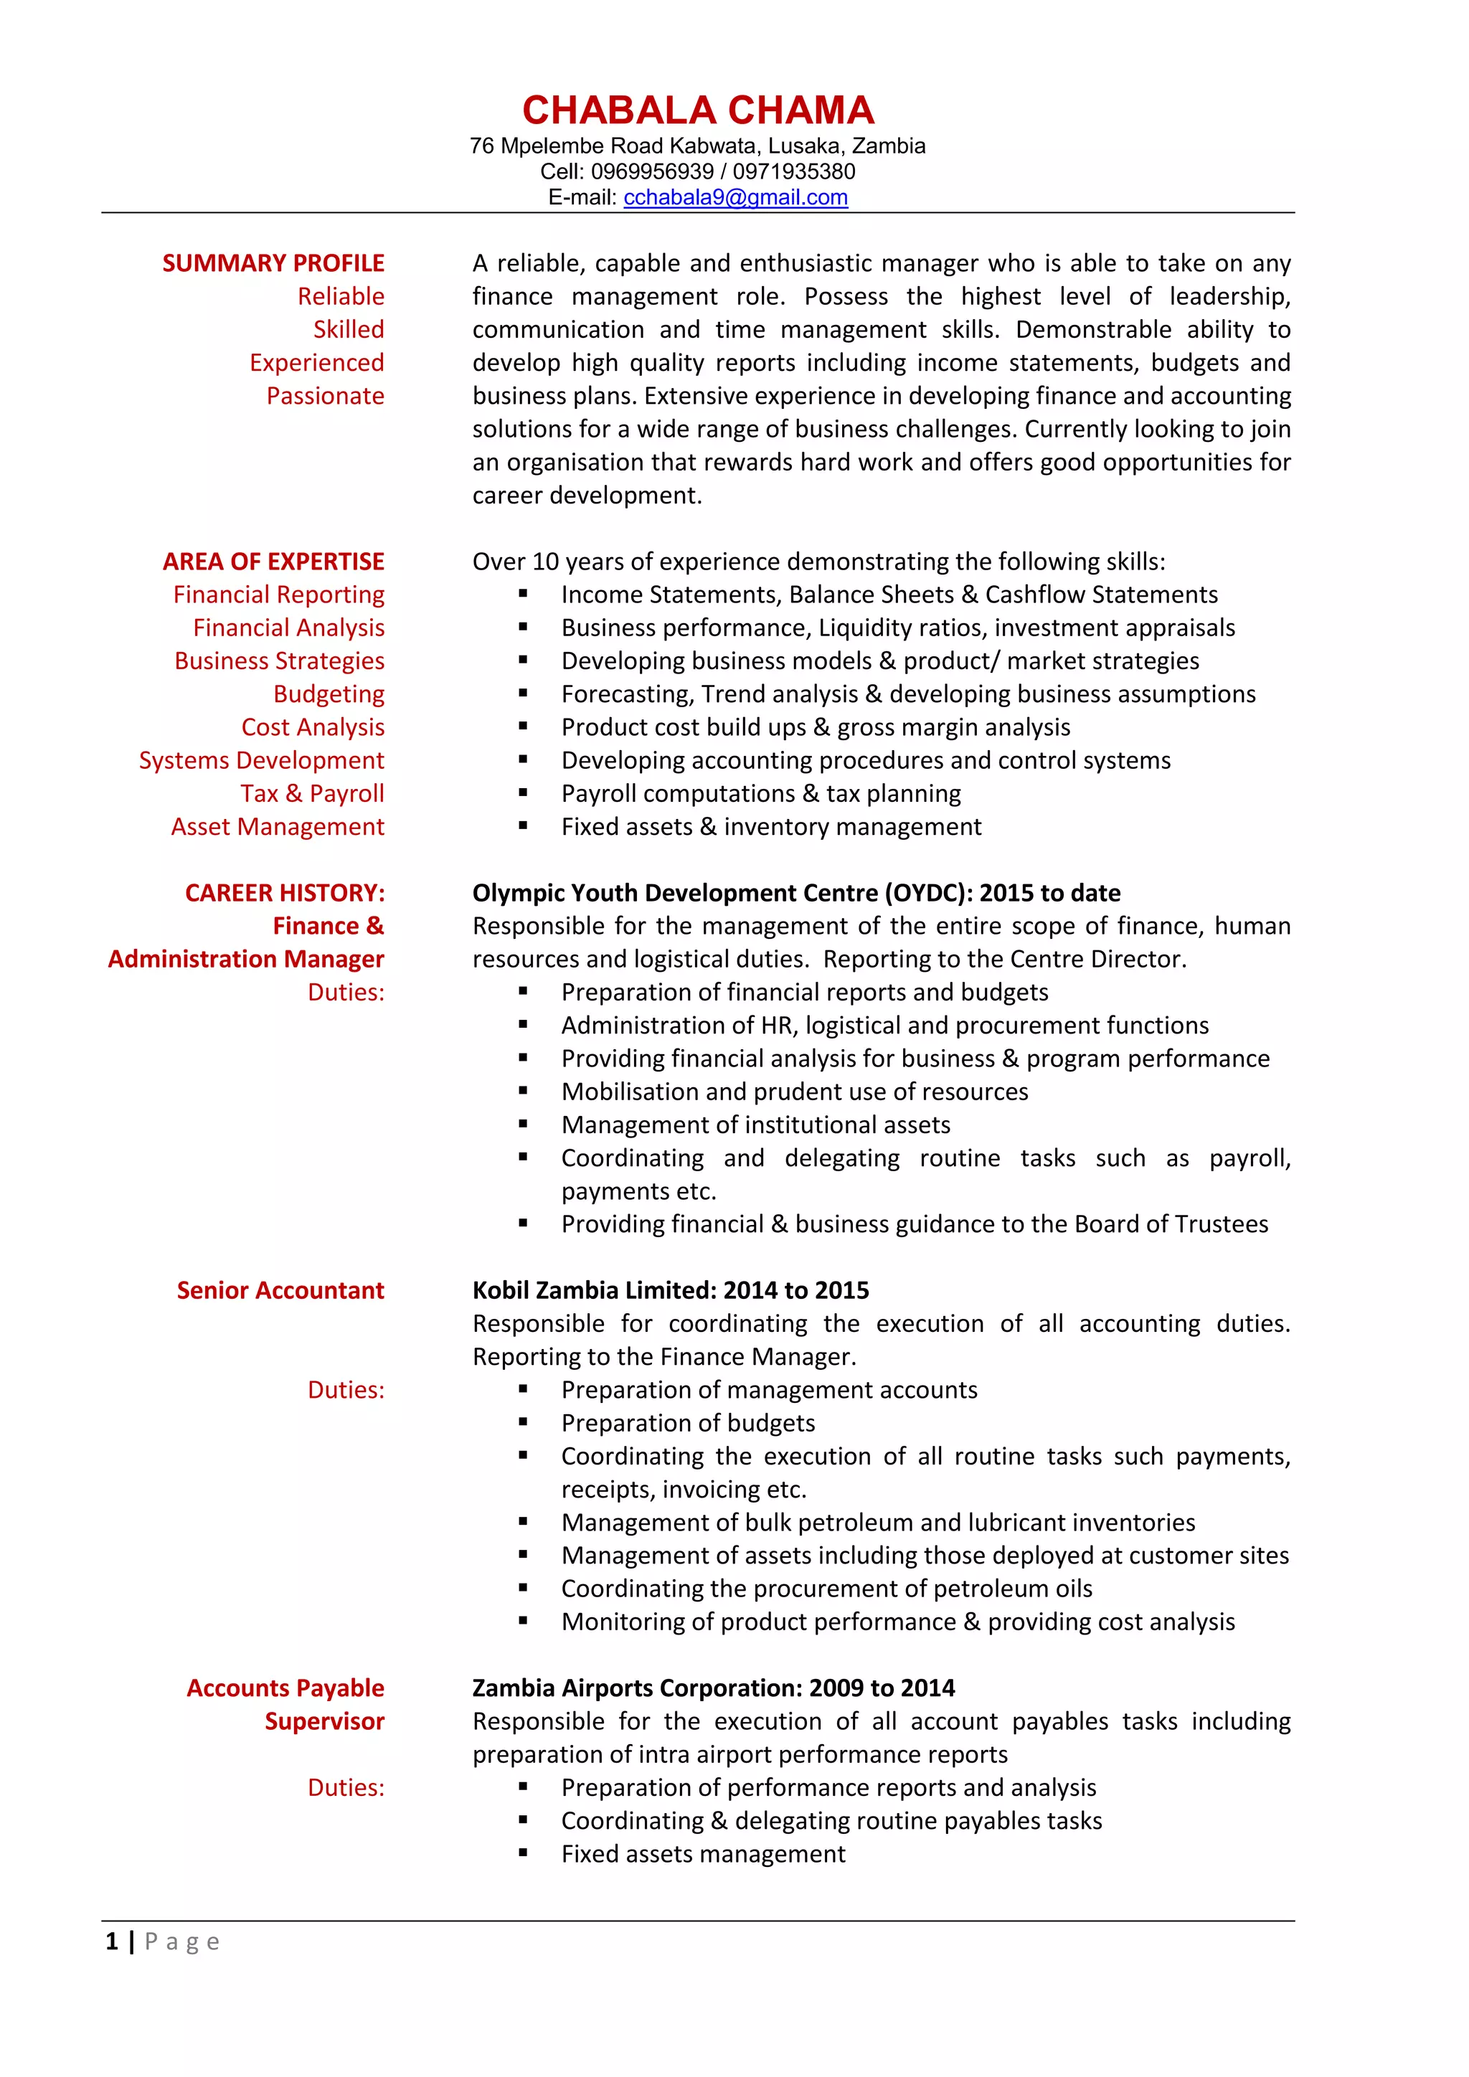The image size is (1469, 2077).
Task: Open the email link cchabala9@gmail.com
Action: pos(734,197)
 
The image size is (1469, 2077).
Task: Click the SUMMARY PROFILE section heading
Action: pos(273,263)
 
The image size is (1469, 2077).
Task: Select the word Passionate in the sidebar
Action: pos(325,396)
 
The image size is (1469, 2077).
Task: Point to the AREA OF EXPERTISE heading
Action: pos(273,562)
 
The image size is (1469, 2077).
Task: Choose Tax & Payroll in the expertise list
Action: pos(312,793)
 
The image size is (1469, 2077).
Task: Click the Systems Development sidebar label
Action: pos(261,761)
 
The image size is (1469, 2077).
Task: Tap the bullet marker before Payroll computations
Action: pos(523,793)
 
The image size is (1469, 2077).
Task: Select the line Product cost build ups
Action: pos(815,727)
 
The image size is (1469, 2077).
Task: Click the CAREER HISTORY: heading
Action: pos(285,893)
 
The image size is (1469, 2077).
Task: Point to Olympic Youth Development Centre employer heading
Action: pos(796,893)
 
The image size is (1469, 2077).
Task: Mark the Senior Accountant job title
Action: pos(280,1291)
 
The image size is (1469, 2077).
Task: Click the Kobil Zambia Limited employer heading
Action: pos(670,1291)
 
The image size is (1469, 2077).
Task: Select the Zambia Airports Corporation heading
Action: pos(713,1688)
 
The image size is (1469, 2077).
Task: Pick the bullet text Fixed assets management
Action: pos(703,1855)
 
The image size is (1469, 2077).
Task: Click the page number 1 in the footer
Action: pos(111,1941)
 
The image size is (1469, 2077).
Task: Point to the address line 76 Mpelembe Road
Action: pos(697,146)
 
